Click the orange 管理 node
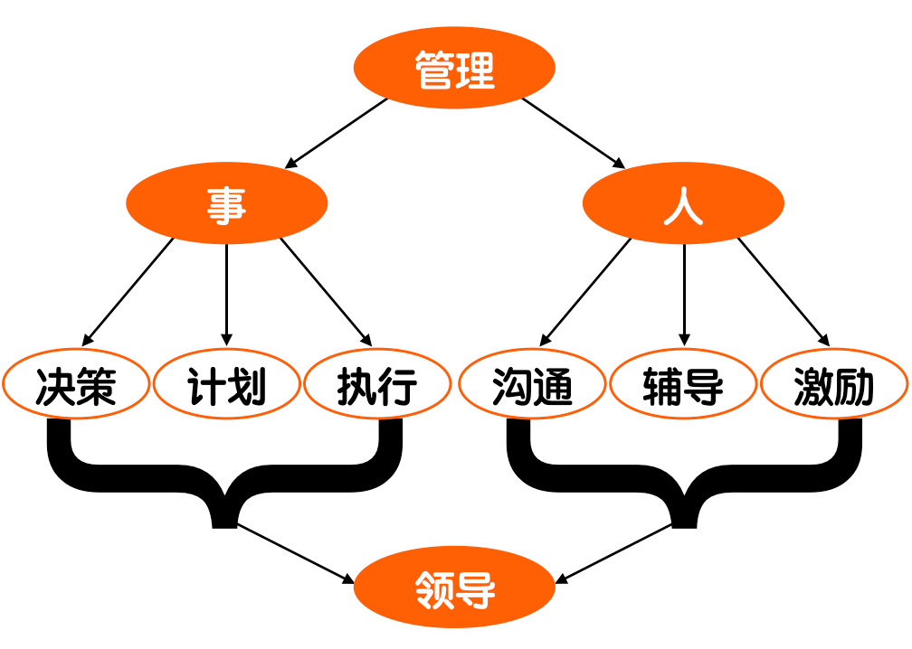(454, 69)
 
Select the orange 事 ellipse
(226, 203)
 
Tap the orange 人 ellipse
(683, 203)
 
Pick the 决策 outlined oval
(76, 387)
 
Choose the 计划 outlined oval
(226, 387)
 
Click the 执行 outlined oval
(377, 387)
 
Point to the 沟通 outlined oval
(533, 387)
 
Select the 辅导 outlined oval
(683, 387)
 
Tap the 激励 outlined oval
(834, 387)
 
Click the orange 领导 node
(454, 588)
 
